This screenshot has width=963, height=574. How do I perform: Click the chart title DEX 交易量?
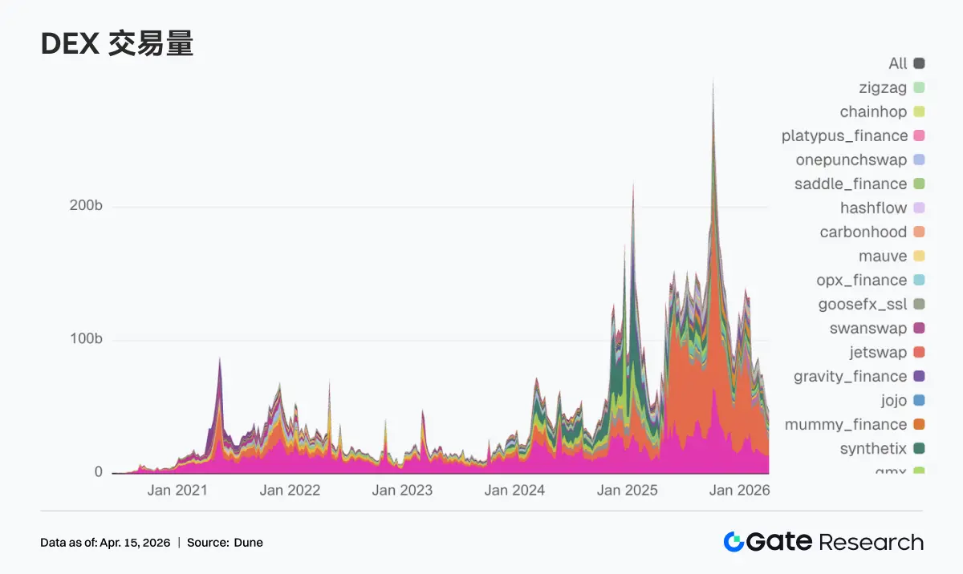click(x=116, y=45)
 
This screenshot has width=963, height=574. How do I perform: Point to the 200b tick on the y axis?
click(x=87, y=206)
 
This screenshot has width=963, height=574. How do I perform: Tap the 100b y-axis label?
click(x=87, y=339)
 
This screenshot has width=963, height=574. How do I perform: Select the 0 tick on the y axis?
click(x=99, y=472)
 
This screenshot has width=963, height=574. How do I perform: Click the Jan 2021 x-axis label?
click(x=177, y=490)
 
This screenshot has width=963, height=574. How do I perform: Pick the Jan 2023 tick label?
click(x=401, y=490)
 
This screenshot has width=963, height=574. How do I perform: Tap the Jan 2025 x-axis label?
click(x=627, y=490)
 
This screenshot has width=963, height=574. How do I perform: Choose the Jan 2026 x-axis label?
click(x=739, y=490)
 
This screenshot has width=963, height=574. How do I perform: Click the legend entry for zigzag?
click(x=883, y=87)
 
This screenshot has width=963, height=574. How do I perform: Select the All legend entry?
click(x=898, y=63)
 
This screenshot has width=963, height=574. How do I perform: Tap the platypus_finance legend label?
click(x=844, y=135)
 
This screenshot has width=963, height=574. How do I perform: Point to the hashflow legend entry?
click(x=873, y=208)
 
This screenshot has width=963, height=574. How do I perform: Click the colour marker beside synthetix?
click(x=919, y=448)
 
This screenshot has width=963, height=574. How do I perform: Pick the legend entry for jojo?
click(x=893, y=400)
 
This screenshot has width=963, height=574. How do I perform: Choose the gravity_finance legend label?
click(x=850, y=376)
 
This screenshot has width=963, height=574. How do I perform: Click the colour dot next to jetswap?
click(x=919, y=352)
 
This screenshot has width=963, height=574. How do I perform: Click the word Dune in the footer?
click(x=248, y=543)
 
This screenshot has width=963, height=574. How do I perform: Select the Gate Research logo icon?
click(x=733, y=542)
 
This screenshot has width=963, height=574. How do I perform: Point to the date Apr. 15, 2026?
click(x=135, y=543)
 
